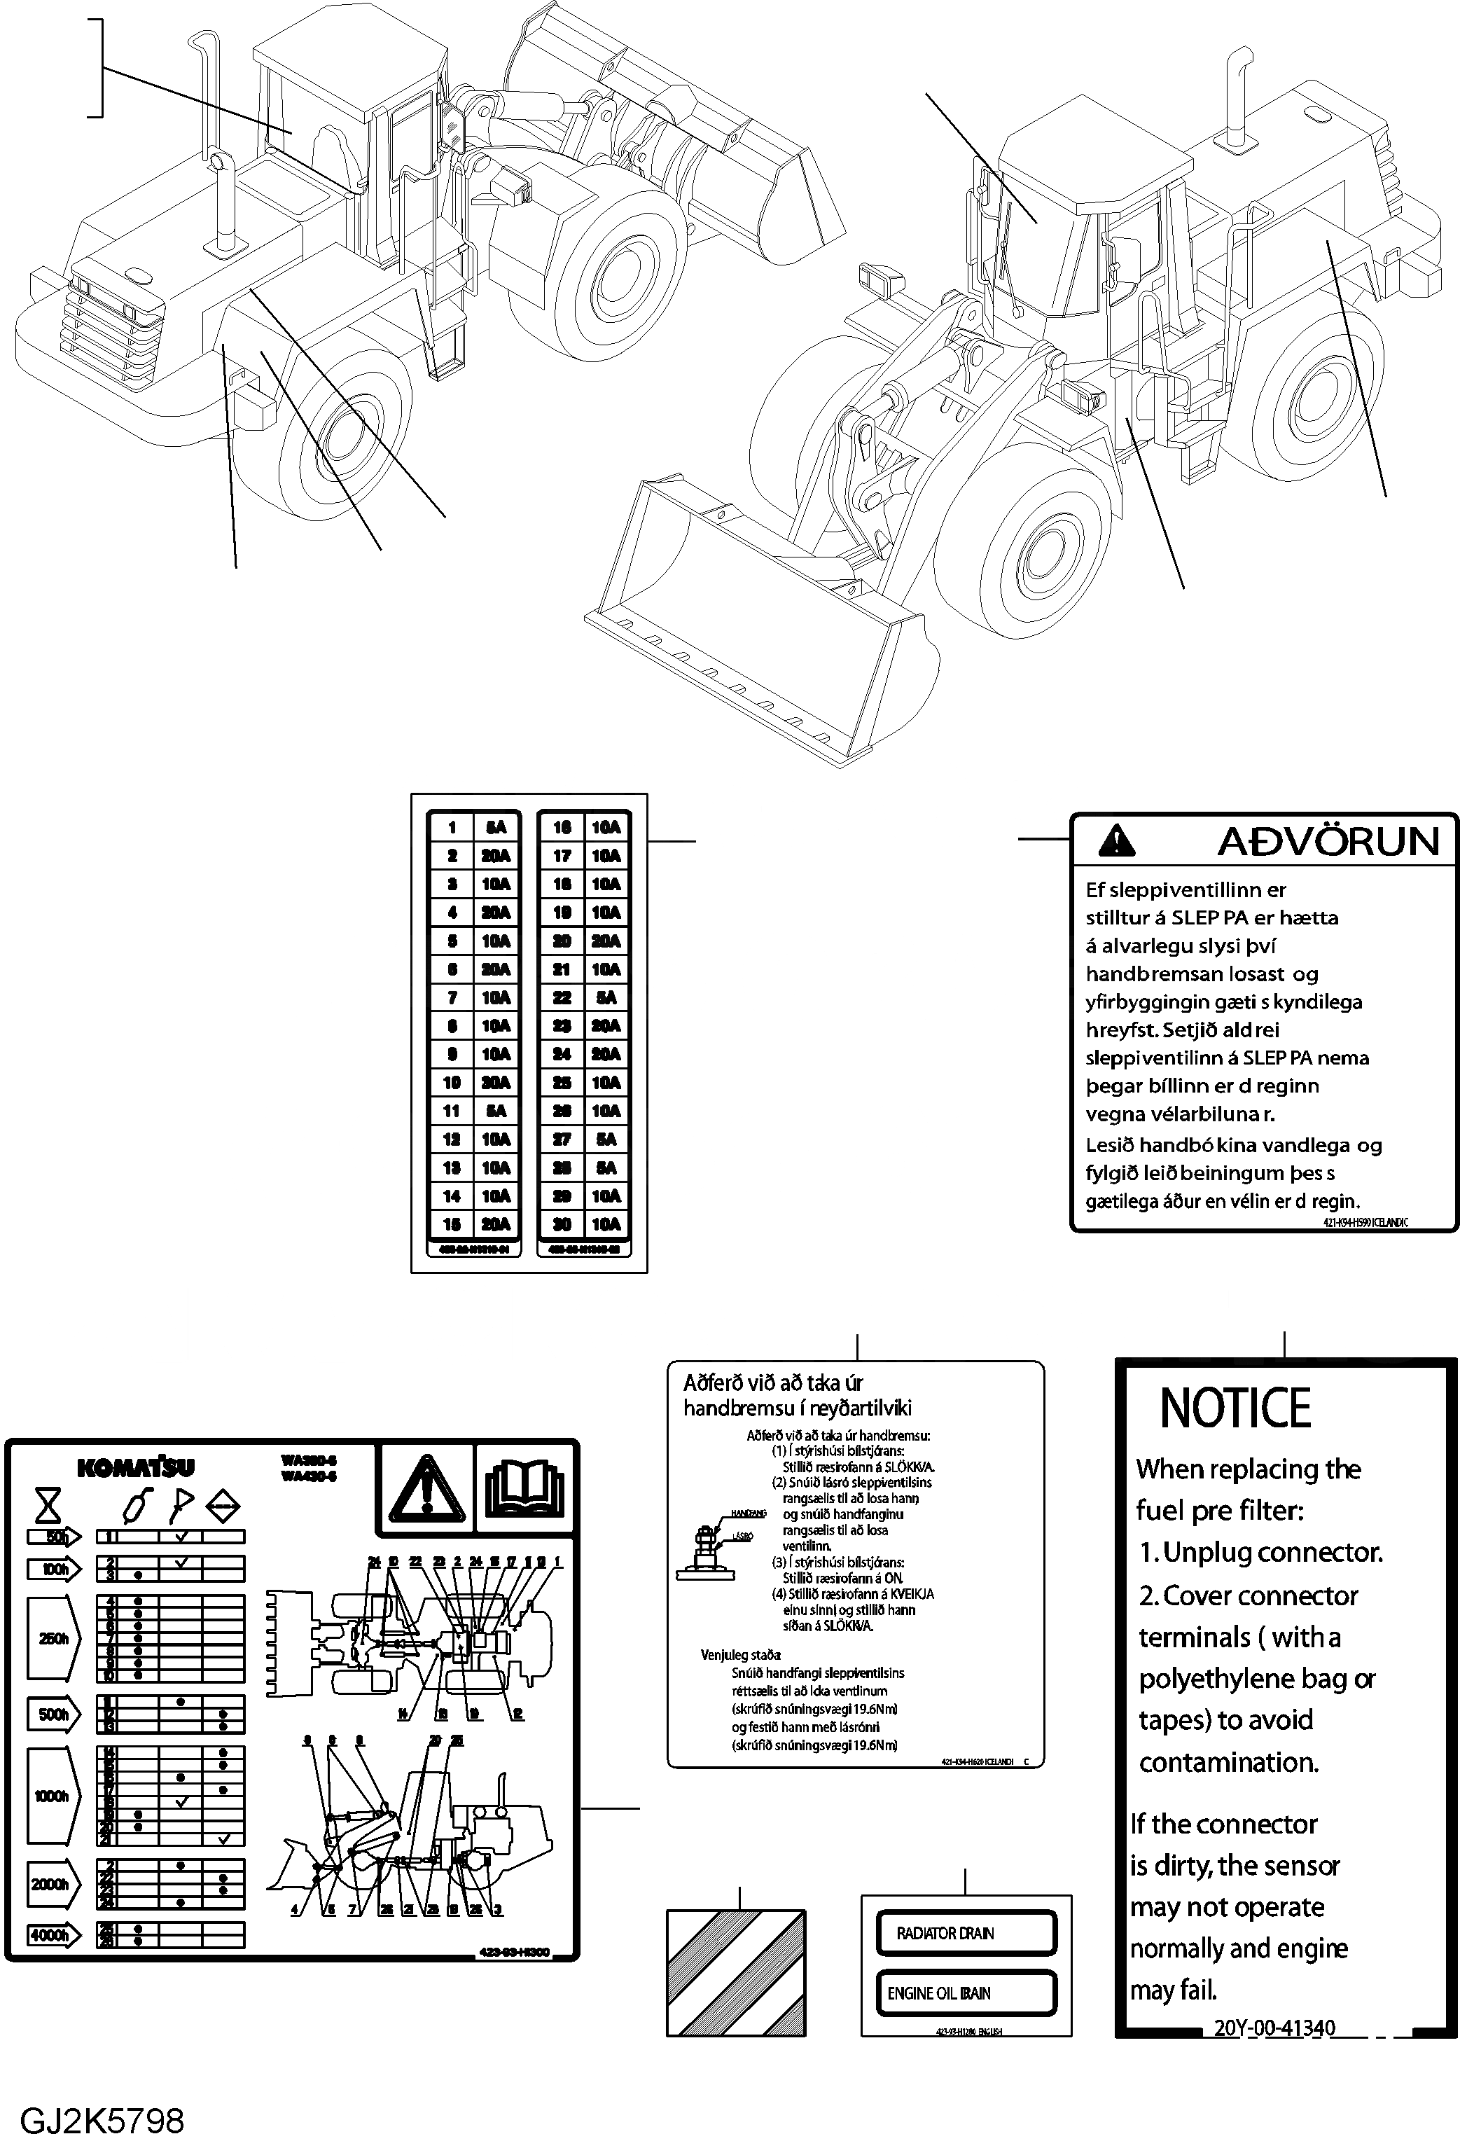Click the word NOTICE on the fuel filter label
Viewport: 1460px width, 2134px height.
(x=1235, y=1408)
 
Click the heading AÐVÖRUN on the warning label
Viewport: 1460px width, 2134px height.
(x=1328, y=841)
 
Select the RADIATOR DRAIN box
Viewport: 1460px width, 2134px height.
(x=966, y=1933)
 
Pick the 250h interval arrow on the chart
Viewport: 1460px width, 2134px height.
(x=53, y=1638)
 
